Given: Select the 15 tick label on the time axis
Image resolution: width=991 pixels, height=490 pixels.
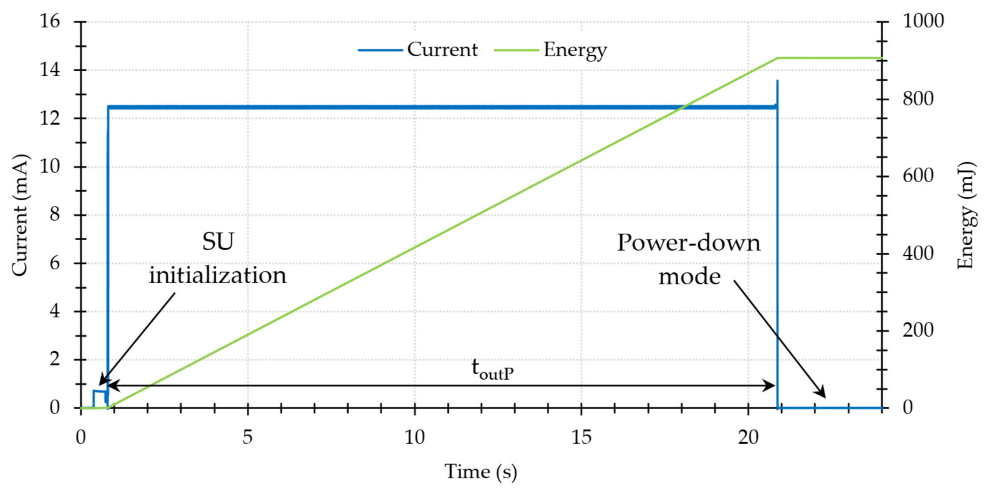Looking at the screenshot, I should click(x=581, y=437).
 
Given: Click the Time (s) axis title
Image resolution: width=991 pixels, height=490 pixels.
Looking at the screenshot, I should click(x=481, y=472).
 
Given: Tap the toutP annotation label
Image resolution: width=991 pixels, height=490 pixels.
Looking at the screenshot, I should click(x=492, y=369).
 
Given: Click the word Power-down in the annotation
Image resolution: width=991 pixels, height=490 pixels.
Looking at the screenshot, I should click(x=689, y=243).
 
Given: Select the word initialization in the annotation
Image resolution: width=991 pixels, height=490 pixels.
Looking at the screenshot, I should click(x=218, y=276).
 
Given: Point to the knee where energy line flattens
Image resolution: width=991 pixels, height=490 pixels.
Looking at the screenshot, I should click(x=778, y=58).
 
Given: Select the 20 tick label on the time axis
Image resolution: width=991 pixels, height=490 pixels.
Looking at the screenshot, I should click(x=748, y=437).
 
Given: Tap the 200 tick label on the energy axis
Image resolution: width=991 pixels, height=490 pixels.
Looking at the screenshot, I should click(x=918, y=330).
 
